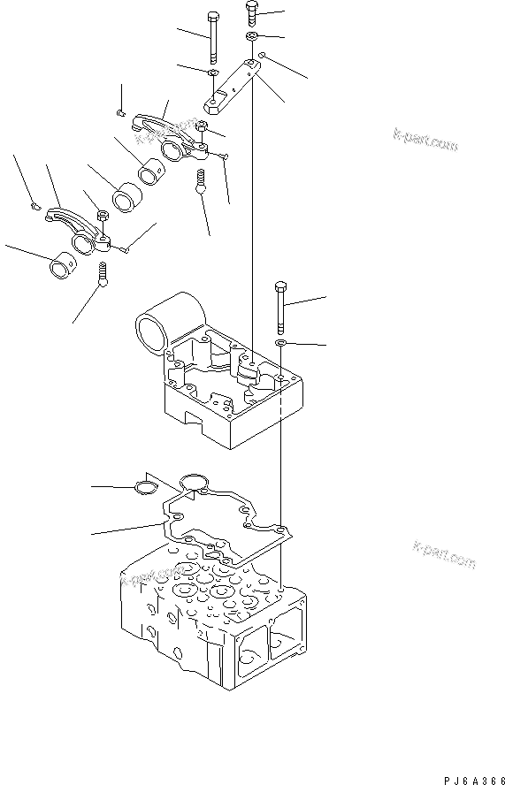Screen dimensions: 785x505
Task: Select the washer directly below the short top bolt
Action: click(251, 36)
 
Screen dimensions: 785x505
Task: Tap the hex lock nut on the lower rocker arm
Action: click(101, 215)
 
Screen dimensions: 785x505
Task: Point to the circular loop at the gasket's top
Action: click(192, 482)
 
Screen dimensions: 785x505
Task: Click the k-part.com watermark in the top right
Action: click(425, 139)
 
